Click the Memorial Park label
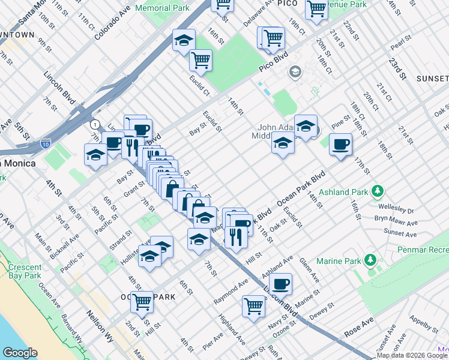tap(163, 8)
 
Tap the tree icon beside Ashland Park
tap(377, 191)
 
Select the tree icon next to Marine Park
tap(371, 260)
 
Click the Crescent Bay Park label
tap(25, 272)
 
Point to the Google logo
tap(19, 353)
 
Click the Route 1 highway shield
tap(94, 124)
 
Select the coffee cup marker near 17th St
tap(340, 144)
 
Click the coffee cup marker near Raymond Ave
tap(280, 283)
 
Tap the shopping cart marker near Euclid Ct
tap(200, 59)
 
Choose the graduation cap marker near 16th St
tap(183, 40)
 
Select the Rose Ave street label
tap(359, 328)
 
